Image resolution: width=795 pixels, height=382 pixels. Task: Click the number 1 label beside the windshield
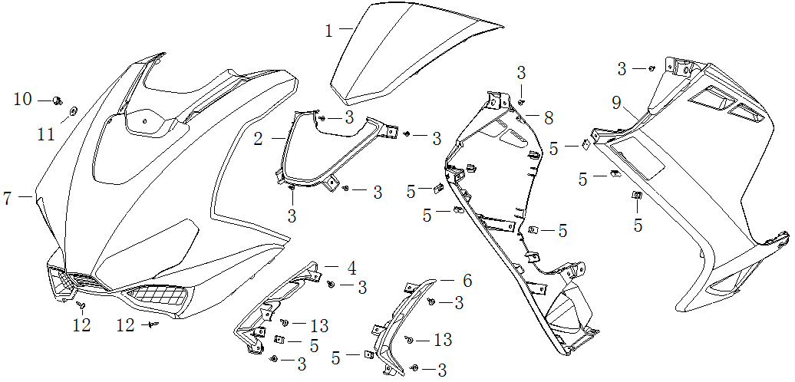pyautogui.click(x=328, y=31)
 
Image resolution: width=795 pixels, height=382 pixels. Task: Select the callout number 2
pyautogui.click(x=259, y=139)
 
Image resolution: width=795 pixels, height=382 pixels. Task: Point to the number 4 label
pyautogui.click(x=351, y=268)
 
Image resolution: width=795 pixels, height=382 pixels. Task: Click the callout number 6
pyautogui.click(x=467, y=282)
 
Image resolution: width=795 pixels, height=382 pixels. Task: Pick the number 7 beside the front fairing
pyautogui.click(x=8, y=199)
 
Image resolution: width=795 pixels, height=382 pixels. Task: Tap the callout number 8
pyautogui.click(x=548, y=118)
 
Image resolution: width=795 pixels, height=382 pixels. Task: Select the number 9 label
pyautogui.click(x=616, y=102)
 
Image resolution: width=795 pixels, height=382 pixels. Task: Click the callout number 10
pyautogui.click(x=23, y=99)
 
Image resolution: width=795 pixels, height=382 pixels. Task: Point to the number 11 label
pyautogui.click(x=47, y=134)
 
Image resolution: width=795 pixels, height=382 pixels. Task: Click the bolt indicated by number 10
pyautogui.click(x=57, y=100)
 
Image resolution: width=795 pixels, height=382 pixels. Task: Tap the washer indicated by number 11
pyautogui.click(x=73, y=111)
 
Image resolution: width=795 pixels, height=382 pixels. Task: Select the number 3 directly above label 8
pyautogui.click(x=521, y=73)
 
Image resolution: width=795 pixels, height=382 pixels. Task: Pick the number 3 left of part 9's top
pyautogui.click(x=622, y=69)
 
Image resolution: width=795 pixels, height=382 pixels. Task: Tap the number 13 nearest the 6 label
pyautogui.click(x=442, y=340)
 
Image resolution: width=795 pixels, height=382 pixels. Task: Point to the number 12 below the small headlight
pyautogui.click(x=81, y=325)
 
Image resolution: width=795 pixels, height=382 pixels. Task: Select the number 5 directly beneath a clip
pyautogui.click(x=637, y=226)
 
